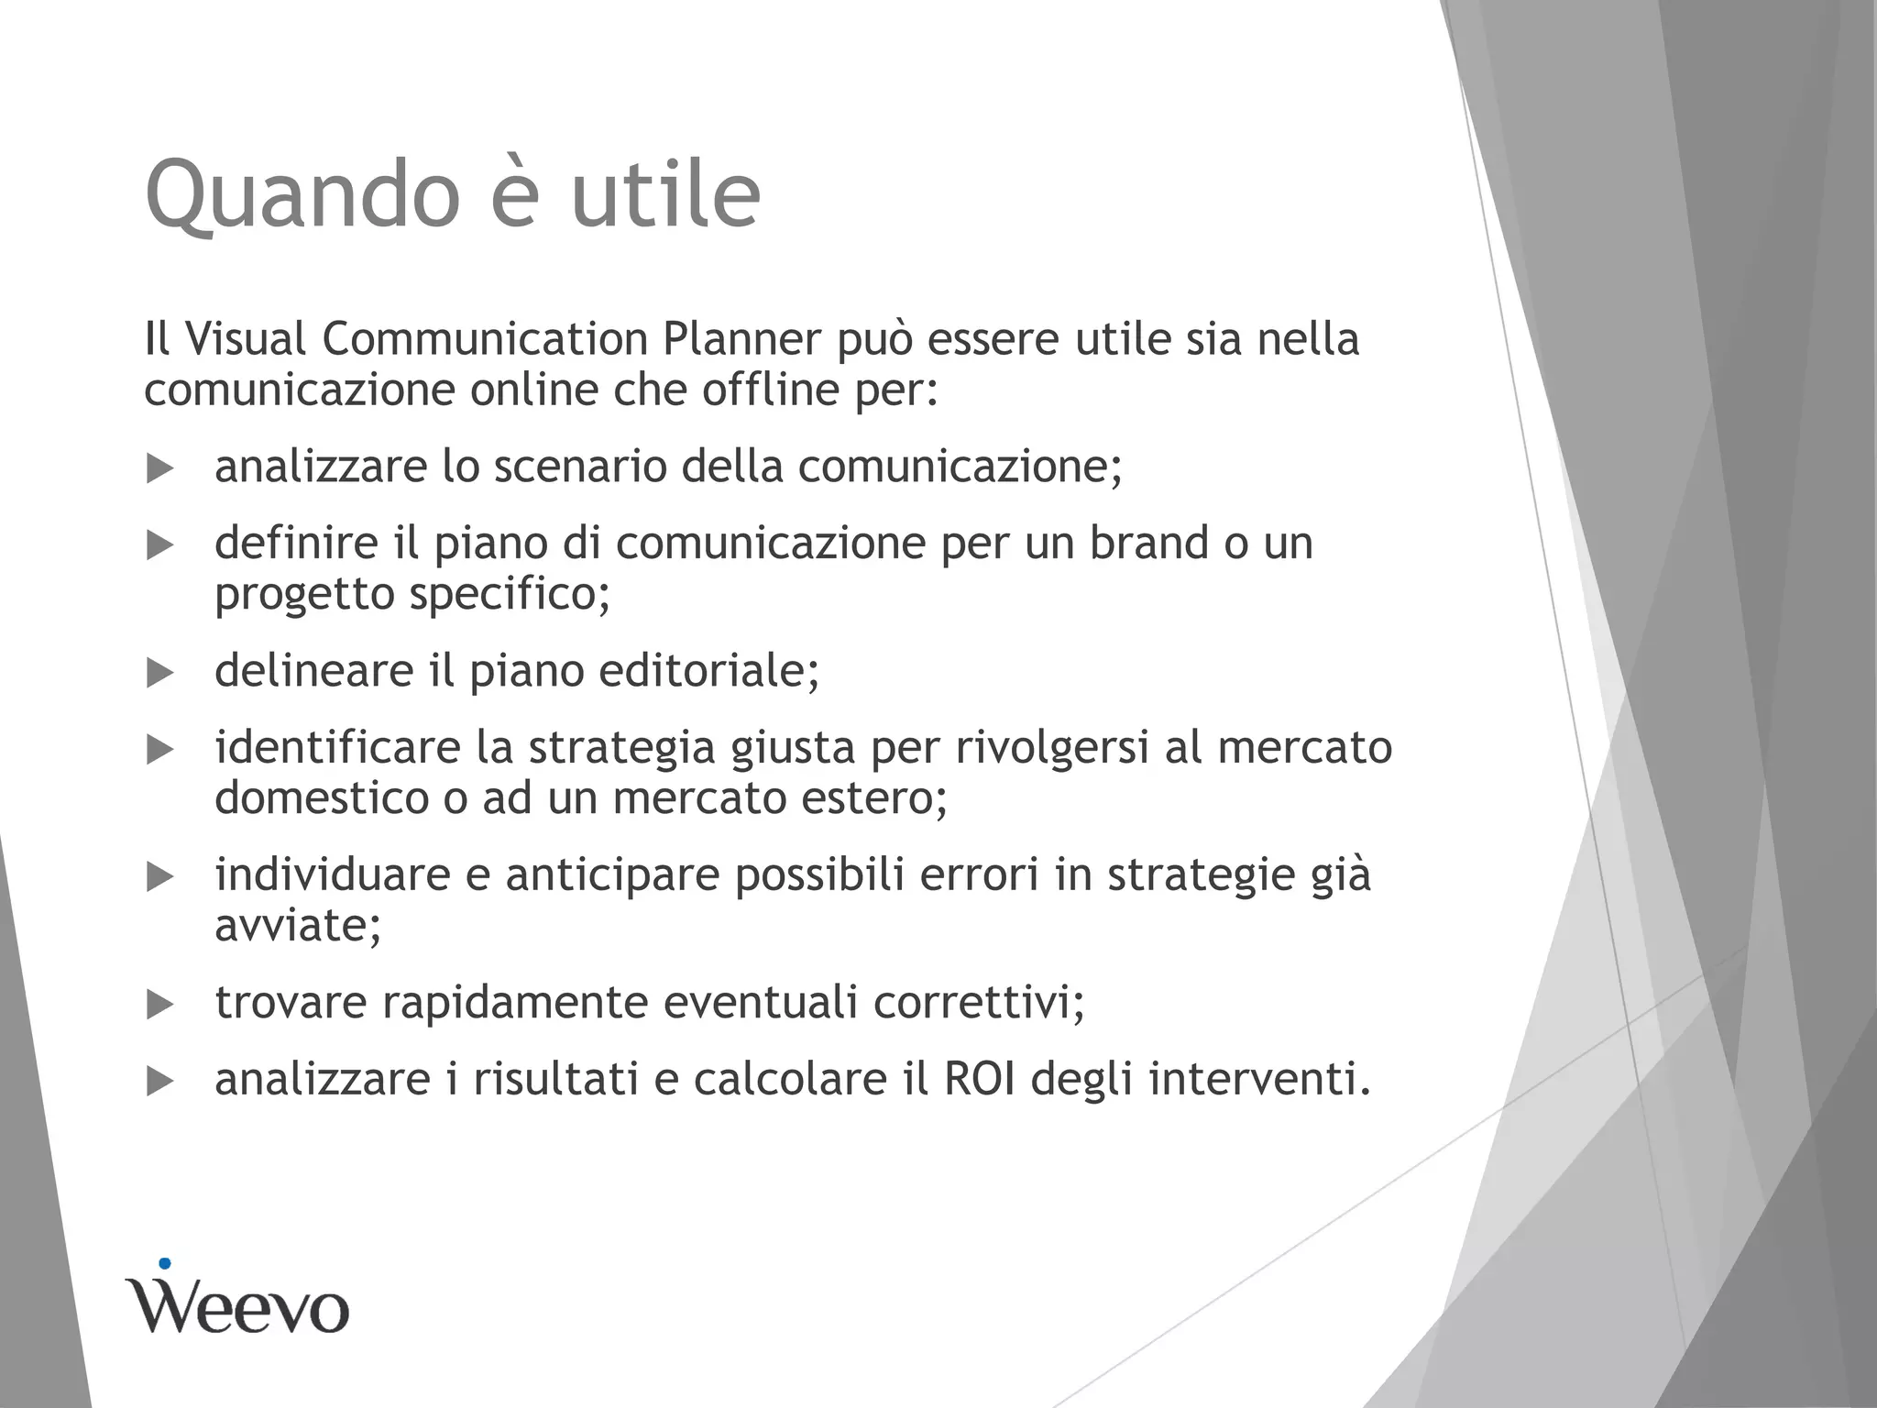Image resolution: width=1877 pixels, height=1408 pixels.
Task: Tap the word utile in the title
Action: (x=665, y=193)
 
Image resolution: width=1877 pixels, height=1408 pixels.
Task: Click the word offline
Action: (x=770, y=390)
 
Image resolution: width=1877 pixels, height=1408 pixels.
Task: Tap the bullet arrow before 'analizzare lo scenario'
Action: (x=159, y=469)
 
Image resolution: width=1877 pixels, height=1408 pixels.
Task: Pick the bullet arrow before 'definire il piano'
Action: (x=159, y=546)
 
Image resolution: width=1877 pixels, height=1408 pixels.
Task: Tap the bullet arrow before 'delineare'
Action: (x=159, y=675)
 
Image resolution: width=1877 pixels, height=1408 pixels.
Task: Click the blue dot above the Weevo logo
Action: (x=165, y=1264)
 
